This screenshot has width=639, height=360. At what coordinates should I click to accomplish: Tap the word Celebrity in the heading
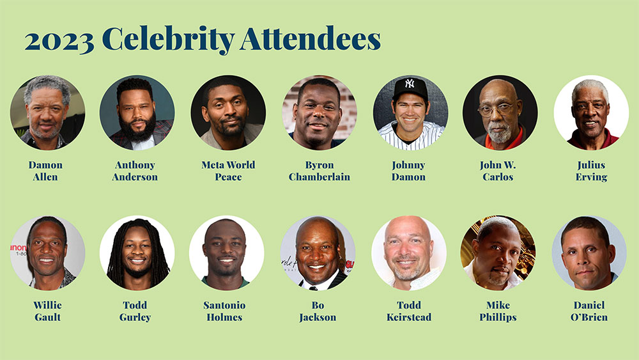[x=168, y=40]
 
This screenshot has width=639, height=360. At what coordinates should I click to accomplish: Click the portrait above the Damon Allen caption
[x=47, y=113]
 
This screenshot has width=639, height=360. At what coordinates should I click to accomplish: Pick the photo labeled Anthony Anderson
[x=137, y=113]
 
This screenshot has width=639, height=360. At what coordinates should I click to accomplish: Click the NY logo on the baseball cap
[x=410, y=84]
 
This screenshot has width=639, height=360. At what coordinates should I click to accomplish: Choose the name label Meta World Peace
[x=228, y=171]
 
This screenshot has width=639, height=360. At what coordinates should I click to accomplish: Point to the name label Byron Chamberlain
[x=319, y=171]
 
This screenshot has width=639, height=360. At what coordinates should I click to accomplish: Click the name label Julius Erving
[x=591, y=171]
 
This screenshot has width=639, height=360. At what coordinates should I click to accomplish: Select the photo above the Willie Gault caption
[x=47, y=253]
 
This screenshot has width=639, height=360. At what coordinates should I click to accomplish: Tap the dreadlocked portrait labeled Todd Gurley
[x=137, y=253]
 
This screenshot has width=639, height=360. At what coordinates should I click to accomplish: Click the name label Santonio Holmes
[x=224, y=311]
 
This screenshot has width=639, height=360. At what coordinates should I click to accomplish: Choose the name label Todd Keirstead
[x=409, y=311]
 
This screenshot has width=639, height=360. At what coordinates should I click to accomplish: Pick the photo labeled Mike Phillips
[x=498, y=253]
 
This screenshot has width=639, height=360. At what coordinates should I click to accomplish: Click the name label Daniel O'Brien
[x=589, y=311]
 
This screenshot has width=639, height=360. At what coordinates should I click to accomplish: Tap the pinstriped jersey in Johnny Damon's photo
[x=410, y=137]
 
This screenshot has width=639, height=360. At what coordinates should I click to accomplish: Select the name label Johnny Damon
[x=409, y=171]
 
